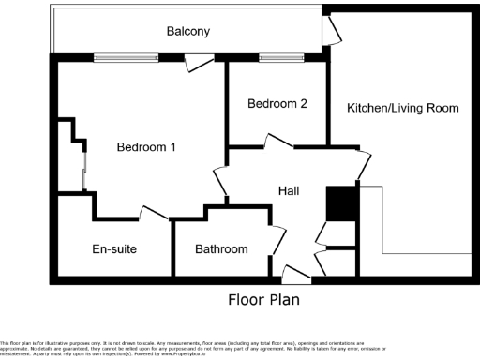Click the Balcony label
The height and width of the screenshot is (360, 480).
tap(187, 31)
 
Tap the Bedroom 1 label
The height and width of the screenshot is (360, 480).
tap(146, 147)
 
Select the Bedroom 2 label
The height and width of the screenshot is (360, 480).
tap(277, 104)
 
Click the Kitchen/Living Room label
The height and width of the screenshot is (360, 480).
tap(403, 109)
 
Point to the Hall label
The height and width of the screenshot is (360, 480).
tap(289, 191)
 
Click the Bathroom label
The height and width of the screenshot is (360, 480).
tap(221, 249)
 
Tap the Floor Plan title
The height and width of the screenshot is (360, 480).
tap(265, 301)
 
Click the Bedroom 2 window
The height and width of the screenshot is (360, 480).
tap(276, 58)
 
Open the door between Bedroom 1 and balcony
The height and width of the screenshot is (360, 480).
tap(198, 62)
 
